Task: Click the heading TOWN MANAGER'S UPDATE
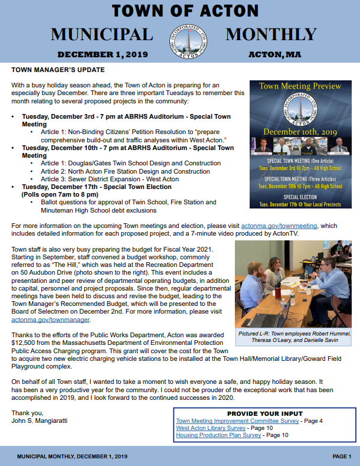[x=53, y=70]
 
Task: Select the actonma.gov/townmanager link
[x=51, y=320]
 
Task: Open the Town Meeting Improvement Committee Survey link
[x=237, y=421]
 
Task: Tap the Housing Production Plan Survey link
[x=218, y=435]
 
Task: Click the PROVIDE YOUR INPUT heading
[x=264, y=413]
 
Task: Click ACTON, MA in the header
[x=274, y=54]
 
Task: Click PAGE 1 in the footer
[x=342, y=457]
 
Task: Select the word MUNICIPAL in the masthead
[x=102, y=35]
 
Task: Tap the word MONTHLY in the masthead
[x=271, y=35]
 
